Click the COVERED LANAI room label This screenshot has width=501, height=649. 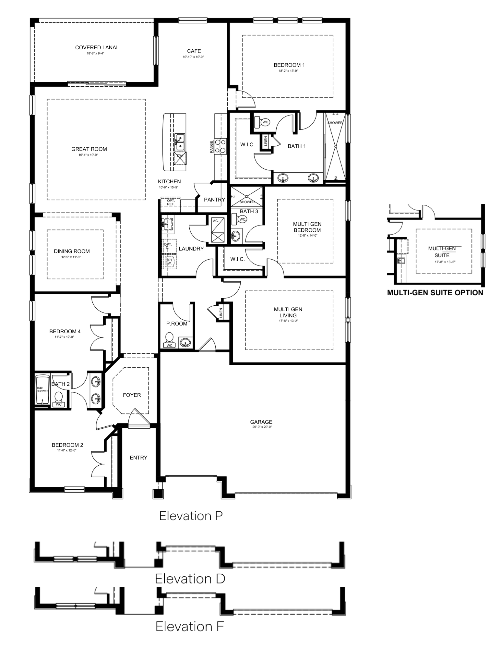[96, 47]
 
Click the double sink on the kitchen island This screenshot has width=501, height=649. [179, 142]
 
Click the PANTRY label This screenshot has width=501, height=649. [214, 200]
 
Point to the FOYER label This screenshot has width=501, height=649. [132, 395]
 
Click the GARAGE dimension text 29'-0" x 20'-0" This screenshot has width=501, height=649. [261, 427]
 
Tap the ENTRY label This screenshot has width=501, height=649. [138, 458]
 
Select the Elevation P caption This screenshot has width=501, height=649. [191, 516]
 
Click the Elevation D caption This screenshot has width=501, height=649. [190, 579]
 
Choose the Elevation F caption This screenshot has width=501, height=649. [190, 626]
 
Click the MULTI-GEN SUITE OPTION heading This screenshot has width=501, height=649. [435, 293]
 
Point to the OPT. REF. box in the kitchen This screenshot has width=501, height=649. [171, 202]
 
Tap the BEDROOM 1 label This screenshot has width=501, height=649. [289, 65]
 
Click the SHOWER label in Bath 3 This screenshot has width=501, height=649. [247, 202]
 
